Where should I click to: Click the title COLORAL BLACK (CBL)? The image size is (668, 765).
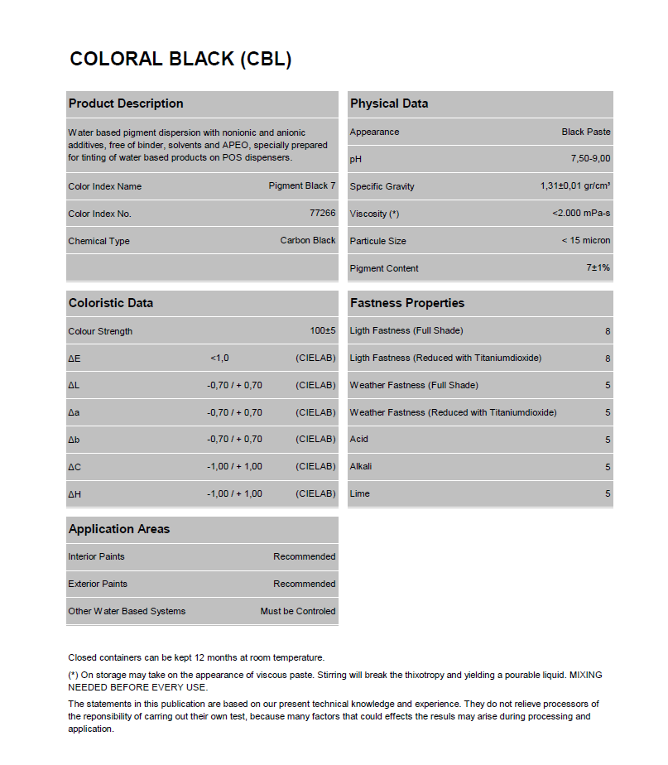180,60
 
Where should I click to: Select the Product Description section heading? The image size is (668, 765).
126,103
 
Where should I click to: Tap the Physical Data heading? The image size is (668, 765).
389,103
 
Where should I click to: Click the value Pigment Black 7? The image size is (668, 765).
302,185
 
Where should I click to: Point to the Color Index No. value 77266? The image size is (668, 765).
322,213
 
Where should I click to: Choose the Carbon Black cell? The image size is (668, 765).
308,240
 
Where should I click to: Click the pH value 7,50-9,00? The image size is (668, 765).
590,158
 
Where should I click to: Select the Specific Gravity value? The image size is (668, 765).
575,185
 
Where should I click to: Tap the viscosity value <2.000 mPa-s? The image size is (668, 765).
581,213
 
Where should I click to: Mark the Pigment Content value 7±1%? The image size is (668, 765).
598,267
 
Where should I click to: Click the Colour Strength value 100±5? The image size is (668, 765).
323,330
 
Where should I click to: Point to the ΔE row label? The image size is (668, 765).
74,358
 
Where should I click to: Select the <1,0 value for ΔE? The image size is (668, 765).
219,358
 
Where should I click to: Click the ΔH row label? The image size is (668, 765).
74,494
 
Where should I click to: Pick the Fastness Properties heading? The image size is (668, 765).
407,303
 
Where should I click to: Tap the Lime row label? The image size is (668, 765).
360,493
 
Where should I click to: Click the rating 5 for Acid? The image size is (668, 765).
608,440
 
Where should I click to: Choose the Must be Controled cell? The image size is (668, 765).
298,611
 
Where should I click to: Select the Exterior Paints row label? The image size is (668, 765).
98,584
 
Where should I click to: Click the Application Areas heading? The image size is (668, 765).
119,529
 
